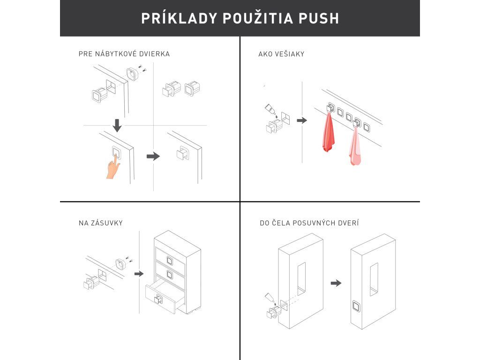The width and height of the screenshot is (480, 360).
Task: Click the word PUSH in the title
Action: (319, 18)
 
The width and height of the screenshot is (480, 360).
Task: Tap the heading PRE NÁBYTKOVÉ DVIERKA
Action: (124, 54)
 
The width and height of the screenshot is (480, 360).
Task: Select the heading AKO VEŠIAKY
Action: (281, 54)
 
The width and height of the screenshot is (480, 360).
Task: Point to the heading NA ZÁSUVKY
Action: (101, 223)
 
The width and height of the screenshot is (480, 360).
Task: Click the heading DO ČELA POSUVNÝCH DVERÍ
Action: (309, 223)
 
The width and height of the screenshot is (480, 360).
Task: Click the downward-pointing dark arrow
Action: (117, 126)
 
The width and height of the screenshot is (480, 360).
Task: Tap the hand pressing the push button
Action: (113, 166)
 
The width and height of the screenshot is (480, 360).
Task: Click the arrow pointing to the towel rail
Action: (302, 120)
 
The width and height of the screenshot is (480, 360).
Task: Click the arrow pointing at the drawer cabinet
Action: (139, 273)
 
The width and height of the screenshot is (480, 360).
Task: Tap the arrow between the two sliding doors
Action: (336, 283)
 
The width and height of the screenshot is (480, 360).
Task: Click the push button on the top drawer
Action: (170, 261)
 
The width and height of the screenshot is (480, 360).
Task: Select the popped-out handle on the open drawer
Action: (158, 299)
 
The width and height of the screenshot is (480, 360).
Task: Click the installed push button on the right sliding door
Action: (356, 306)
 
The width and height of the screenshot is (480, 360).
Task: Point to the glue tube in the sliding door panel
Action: (270, 298)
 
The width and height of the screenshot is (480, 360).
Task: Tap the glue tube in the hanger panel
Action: (270, 110)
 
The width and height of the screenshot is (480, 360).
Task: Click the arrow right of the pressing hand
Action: (153, 157)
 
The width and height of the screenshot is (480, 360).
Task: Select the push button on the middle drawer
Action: (169, 275)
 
